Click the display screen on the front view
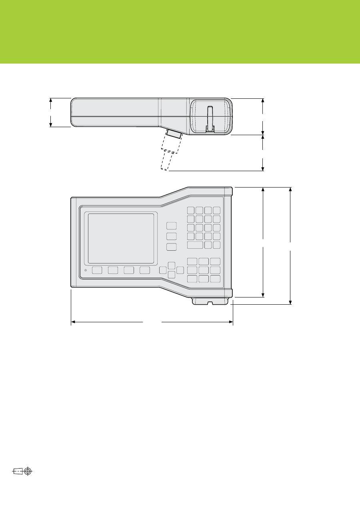coord(121,238)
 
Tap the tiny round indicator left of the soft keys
coord(86,270)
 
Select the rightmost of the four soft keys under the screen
coord(145,270)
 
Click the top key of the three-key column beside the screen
coord(172,226)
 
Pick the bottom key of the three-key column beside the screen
coord(172,247)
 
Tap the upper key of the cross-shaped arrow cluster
coord(172,265)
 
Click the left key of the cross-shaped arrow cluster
coord(163,270)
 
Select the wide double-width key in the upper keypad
coord(195,245)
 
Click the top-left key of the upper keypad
coord(191,210)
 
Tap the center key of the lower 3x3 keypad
coord(204,270)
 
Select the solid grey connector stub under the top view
coord(174,134)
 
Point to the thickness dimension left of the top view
coord(51,112)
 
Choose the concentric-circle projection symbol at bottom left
coord(28,471)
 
